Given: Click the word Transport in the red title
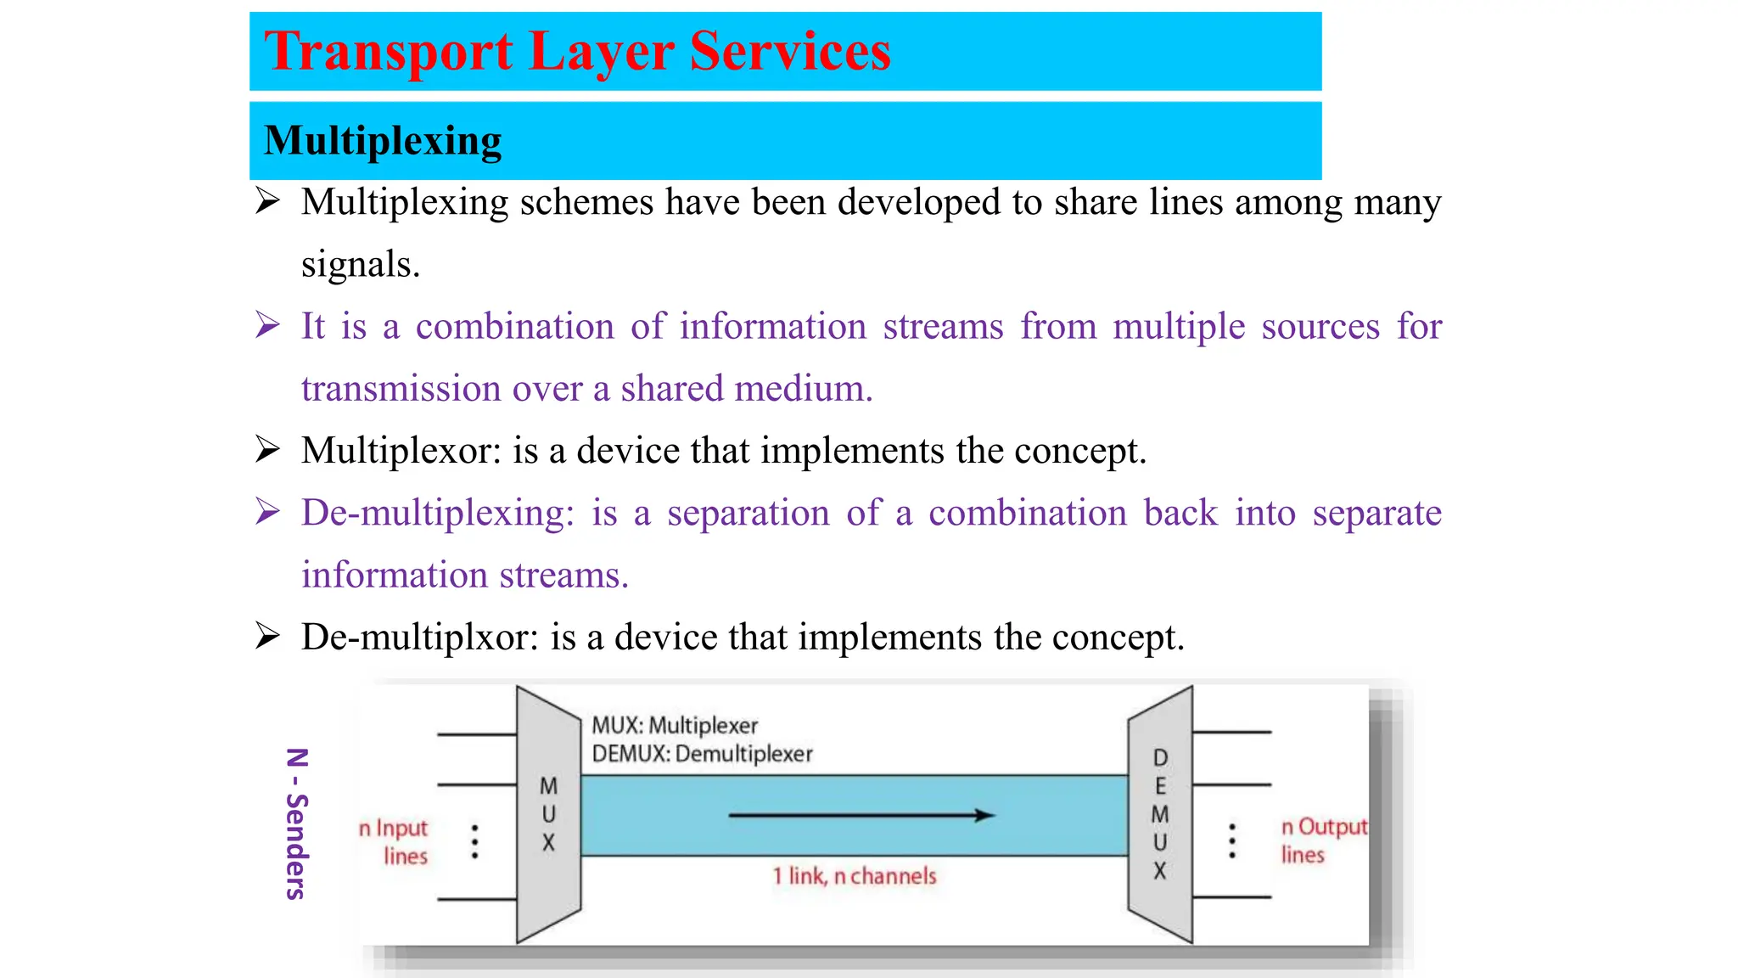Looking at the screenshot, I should [388, 52].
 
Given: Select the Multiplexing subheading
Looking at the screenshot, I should [383, 141].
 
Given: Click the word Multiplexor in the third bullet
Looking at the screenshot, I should [401, 451].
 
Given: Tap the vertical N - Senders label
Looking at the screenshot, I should [296, 823].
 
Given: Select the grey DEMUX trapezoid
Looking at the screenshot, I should [1160, 813].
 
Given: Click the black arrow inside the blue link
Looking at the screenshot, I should [861, 816].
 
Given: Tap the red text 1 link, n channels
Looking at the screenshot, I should [854, 876].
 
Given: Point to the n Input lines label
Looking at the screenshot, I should [395, 841].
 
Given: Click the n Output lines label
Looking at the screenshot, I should [1322, 840].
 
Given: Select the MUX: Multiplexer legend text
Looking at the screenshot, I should [675, 726].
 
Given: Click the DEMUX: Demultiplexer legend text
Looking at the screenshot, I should [702, 754].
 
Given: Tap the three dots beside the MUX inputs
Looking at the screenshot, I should [474, 841].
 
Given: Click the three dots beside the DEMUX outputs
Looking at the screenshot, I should [1232, 840].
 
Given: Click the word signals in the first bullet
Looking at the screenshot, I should [360, 265].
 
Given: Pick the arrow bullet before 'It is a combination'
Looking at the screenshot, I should [268, 326].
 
